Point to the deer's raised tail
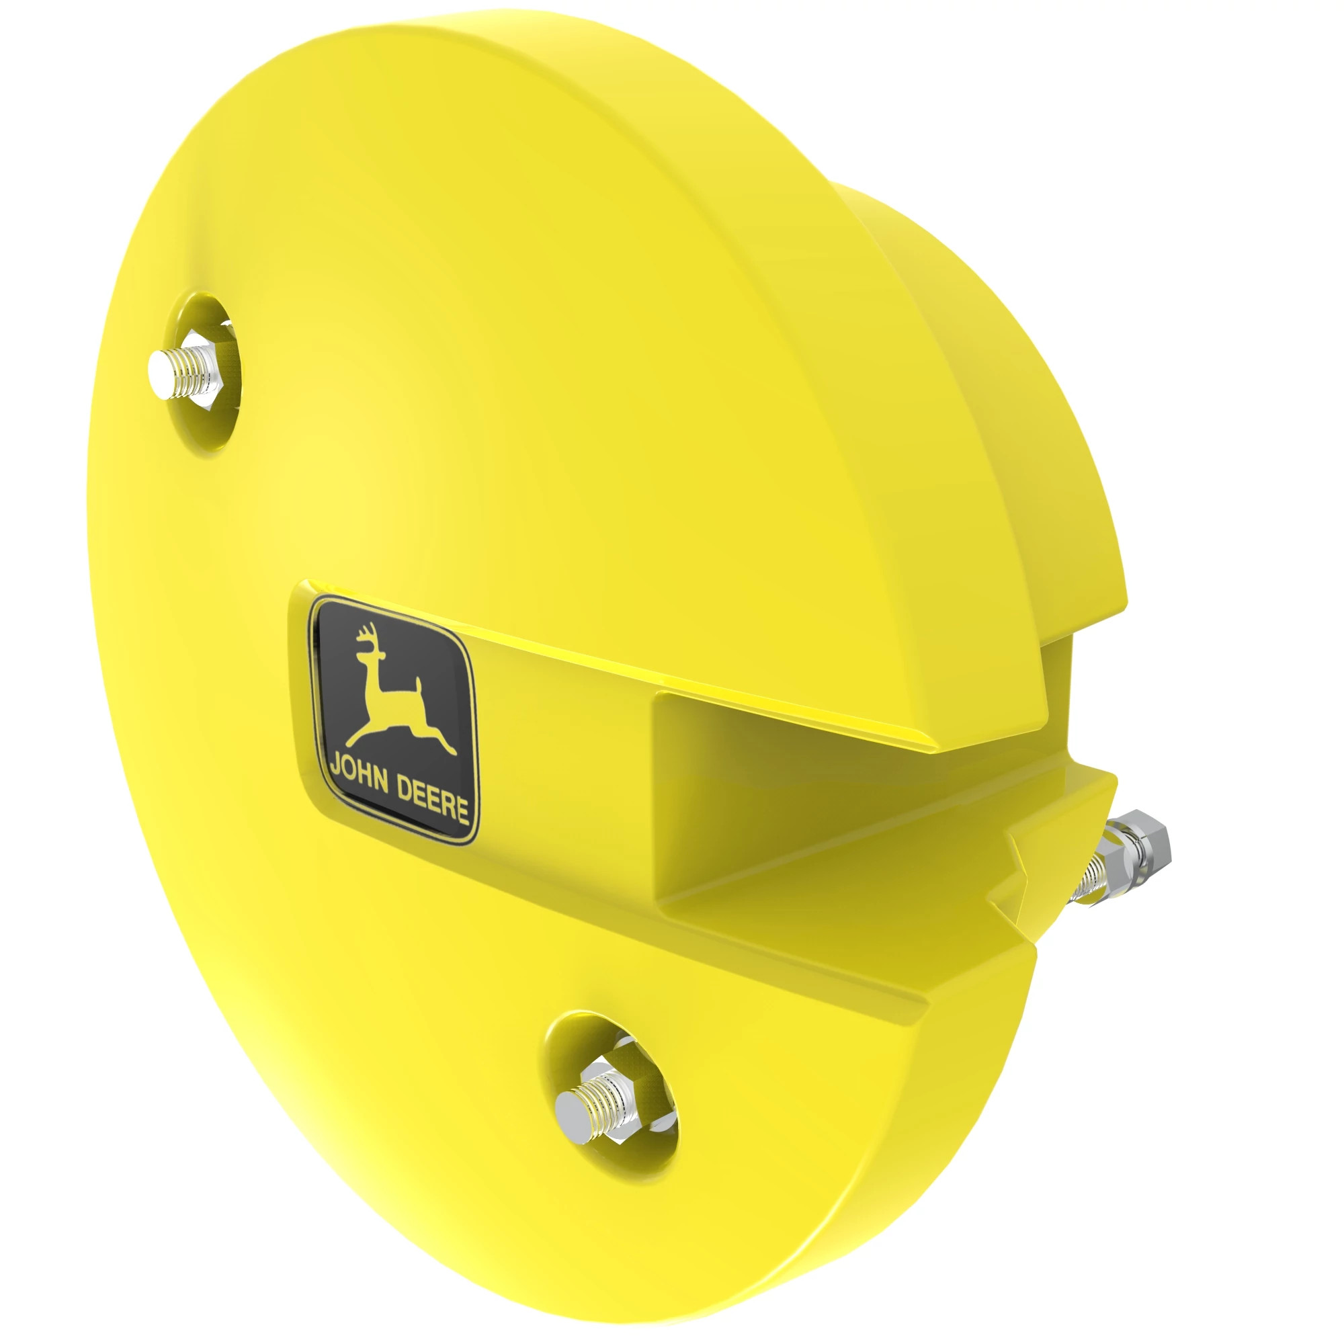click(418, 685)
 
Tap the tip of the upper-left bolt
click(162, 374)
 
